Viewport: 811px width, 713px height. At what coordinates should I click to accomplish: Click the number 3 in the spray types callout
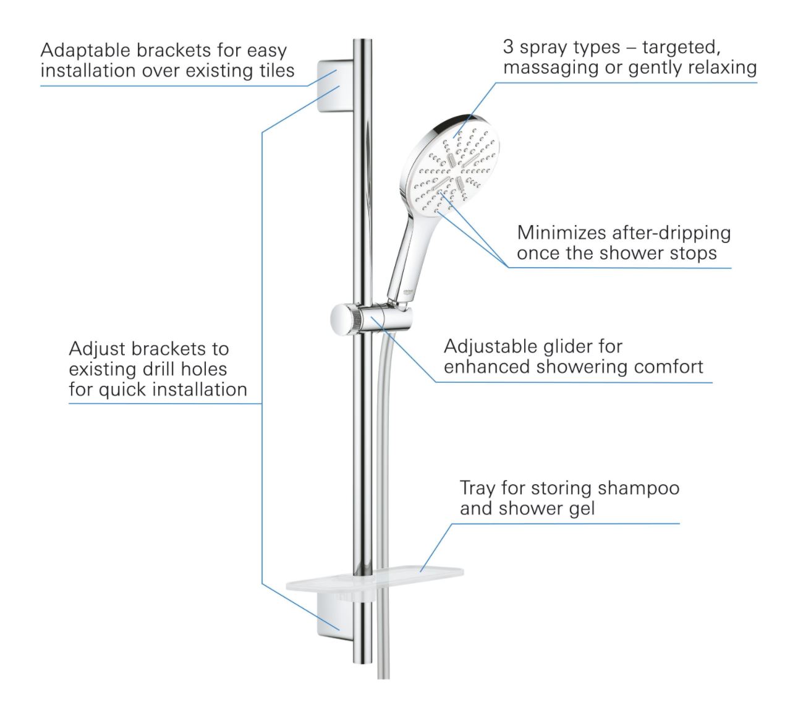pyautogui.click(x=508, y=47)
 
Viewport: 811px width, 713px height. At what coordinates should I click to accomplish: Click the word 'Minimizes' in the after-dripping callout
pyautogui.click(x=561, y=233)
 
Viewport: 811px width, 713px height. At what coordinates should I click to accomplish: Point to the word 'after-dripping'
pyautogui.click(x=671, y=233)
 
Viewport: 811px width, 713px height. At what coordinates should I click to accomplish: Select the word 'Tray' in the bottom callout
pyautogui.click(x=477, y=488)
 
